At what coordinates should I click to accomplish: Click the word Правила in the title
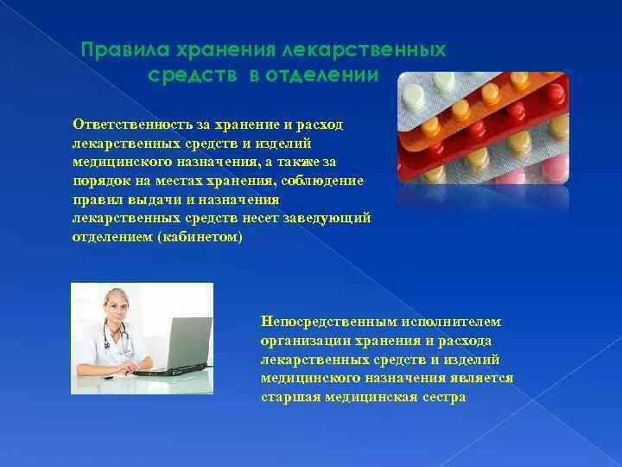point(125,50)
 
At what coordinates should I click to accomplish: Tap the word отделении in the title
point(321,76)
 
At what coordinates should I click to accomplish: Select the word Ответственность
point(132,125)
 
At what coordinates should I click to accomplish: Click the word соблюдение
point(322,181)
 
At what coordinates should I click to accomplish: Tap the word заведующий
point(327,219)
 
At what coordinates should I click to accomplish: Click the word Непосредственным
point(329,321)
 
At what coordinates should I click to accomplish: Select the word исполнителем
point(451,321)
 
